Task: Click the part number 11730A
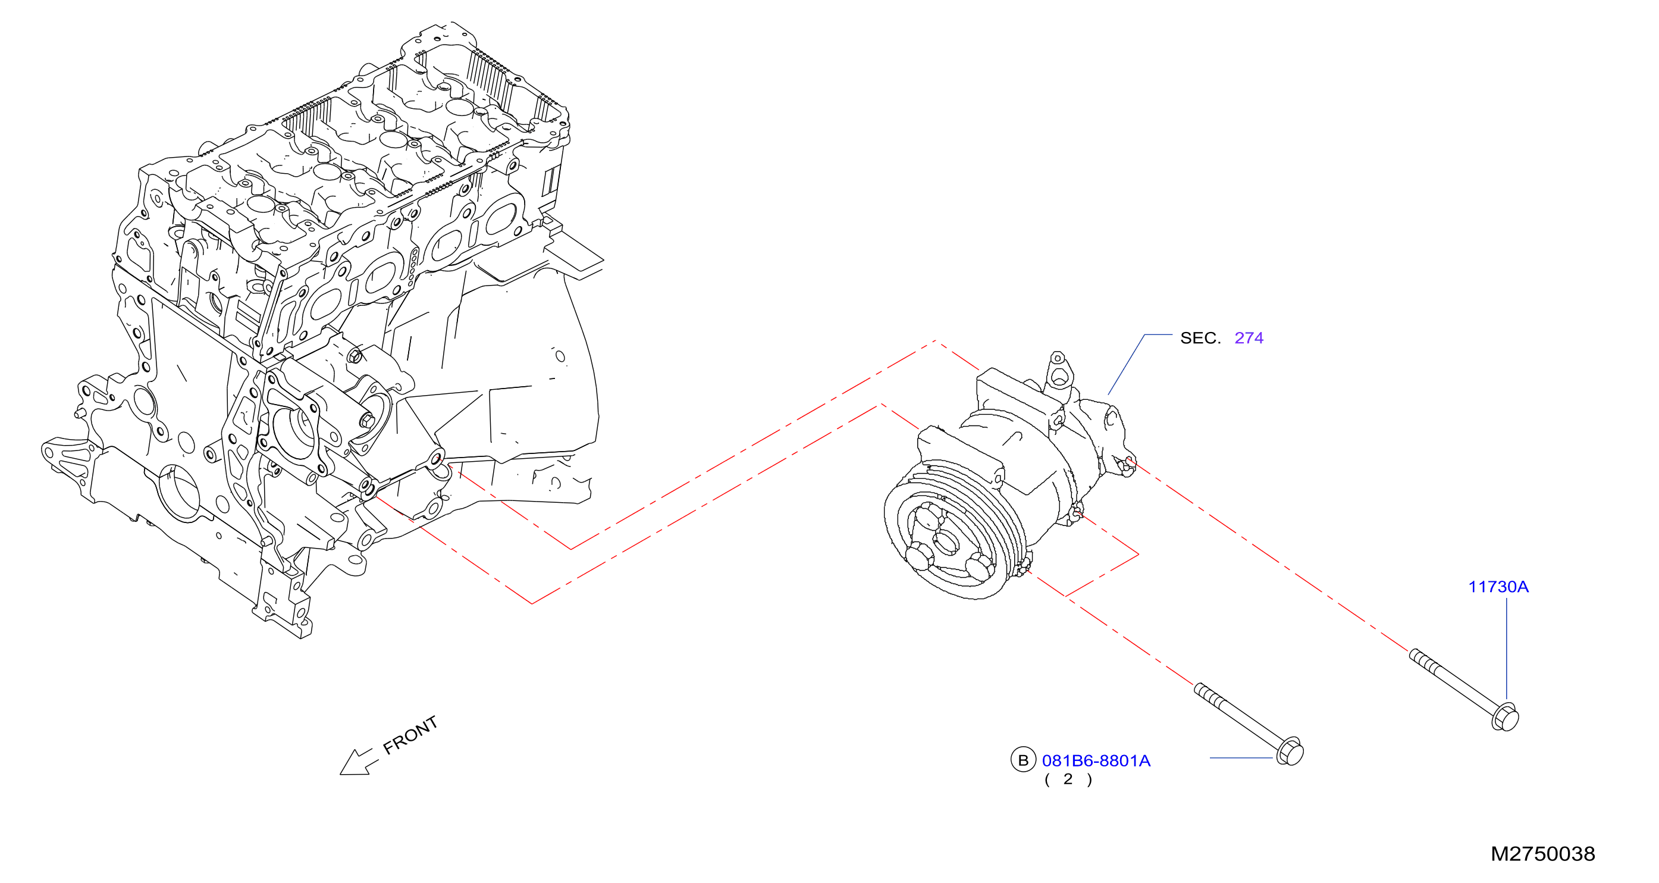(1498, 587)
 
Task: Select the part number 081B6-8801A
(1096, 760)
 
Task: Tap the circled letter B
(1023, 760)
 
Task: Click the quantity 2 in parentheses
(1068, 779)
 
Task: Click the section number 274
(1249, 338)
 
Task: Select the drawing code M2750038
(1543, 854)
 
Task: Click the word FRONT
(410, 735)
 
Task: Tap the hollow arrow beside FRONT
(358, 763)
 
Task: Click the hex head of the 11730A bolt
(1505, 717)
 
